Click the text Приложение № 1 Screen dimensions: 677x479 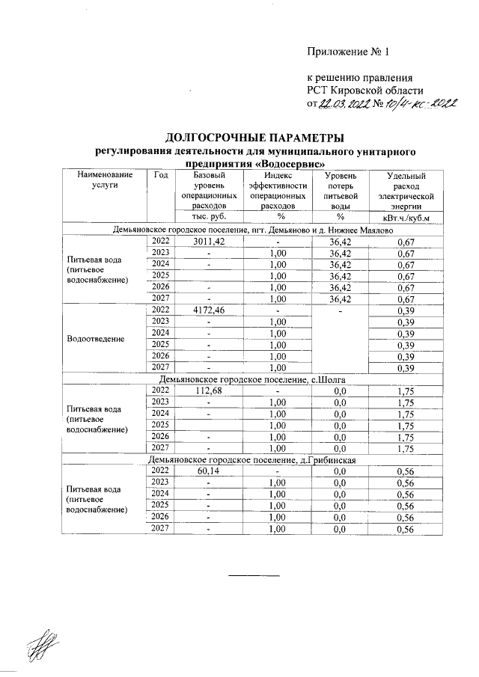(349, 52)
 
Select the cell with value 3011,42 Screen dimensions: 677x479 (209, 242)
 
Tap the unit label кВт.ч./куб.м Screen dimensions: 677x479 (406, 218)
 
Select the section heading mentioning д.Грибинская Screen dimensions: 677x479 (256, 460)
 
